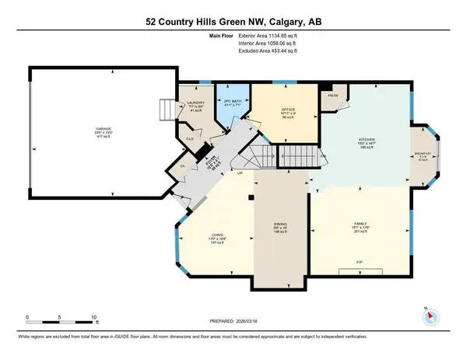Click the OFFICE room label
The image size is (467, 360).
click(287, 107)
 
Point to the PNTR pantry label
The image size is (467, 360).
click(334, 97)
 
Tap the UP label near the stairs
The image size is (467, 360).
click(241, 173)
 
